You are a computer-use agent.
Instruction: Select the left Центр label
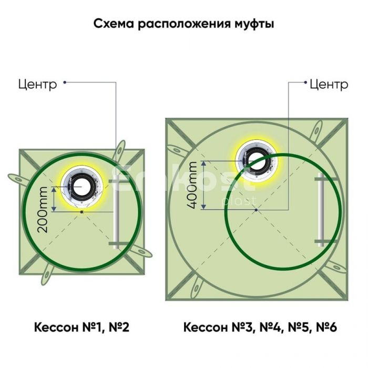(x=37, y=85)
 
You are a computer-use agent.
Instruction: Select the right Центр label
(x=329, y=85)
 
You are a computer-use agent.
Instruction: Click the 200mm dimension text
(x=43, y=210)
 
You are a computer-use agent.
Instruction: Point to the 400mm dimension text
(x=192, y=186)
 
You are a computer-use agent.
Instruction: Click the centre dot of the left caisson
(x=81, y=212)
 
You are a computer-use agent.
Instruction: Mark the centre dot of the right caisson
(x=257, y=210)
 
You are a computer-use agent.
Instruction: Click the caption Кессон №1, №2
(x=81, y=327)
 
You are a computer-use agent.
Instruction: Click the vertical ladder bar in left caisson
(x=116, y=211)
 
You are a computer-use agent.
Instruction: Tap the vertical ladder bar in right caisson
(x=321, y=210)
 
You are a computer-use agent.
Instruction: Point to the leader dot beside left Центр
(x=65, y=83)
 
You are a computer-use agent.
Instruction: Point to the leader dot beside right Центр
(x=305, y=83)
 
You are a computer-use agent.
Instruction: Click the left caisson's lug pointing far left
(x=19, y=180)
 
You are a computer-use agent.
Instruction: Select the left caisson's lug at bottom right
(x=140, y=251)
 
